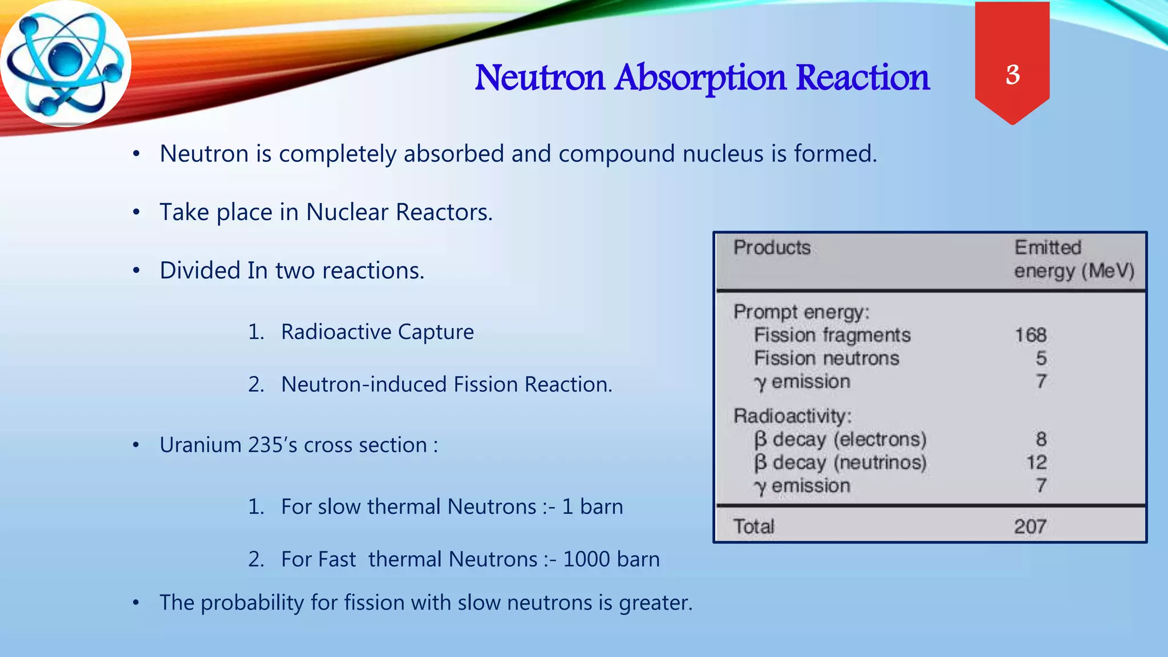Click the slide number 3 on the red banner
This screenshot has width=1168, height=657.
click(x=1012, y=75)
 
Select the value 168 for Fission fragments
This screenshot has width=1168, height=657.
click(x=1030, y=335)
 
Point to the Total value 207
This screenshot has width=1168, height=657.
click(x=1029, y=526)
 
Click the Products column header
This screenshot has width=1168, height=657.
click(x=772, y=248)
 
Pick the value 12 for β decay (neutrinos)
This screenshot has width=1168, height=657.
click(x=1036, y=463)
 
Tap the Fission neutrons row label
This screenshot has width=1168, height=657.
click(x=826, y=358)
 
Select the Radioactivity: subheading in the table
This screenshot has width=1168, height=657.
click(x=792, y=416)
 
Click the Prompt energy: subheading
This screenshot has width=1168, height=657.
click(x=801, y=312)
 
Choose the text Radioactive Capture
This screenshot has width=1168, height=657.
click(x=377, y=332)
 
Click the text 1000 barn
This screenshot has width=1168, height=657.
click(x=611, y=559)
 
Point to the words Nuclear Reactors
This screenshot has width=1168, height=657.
click(x=399, y=212)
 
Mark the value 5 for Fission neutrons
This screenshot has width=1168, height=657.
click(x=1041, y=358)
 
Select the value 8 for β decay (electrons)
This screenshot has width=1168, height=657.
click(x=1041, y=439)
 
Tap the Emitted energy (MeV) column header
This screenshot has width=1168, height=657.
click(x=1073, y=259)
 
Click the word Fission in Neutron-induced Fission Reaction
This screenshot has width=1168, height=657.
click(x=486, y=384)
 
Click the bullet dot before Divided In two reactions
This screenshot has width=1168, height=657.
click(x=136, y=271)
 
